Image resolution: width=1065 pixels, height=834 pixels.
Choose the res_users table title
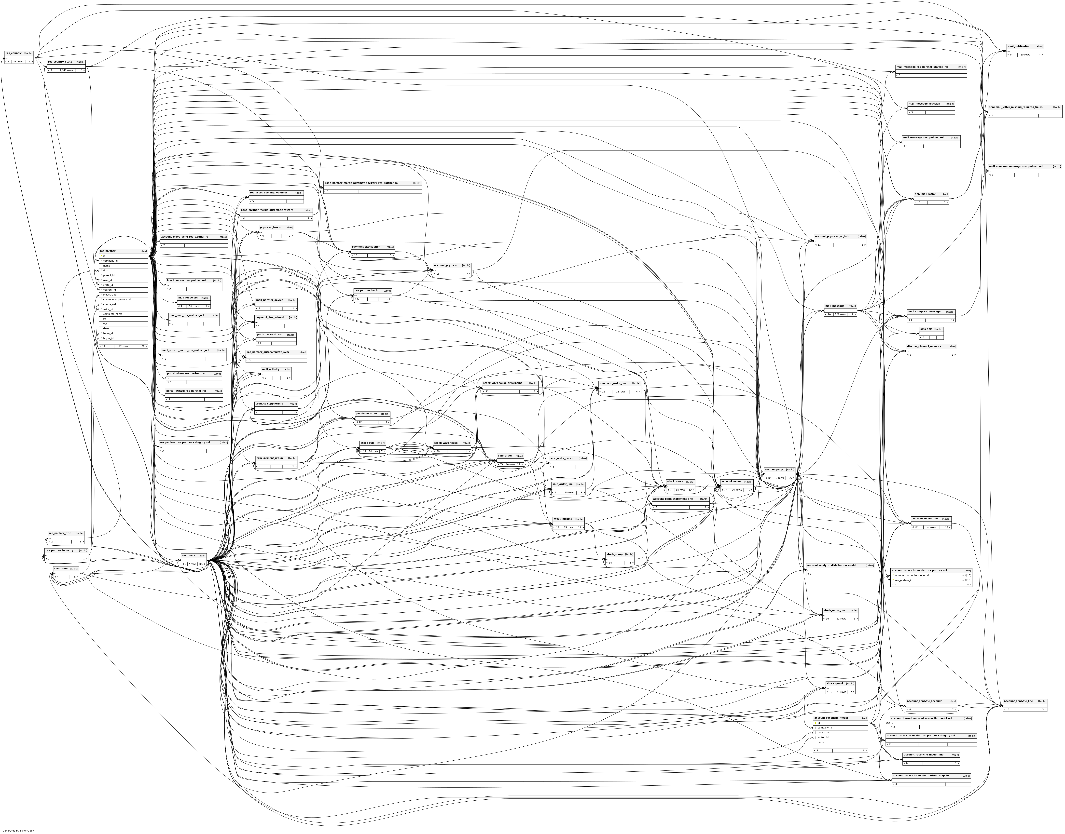[188, 555]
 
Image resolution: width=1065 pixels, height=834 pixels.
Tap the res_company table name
[774, 469]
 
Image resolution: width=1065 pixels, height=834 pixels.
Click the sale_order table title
[505, 456]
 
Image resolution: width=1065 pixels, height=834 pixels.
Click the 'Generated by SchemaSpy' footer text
[19, 830]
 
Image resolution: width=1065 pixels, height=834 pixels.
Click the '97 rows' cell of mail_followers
[194, 306]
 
